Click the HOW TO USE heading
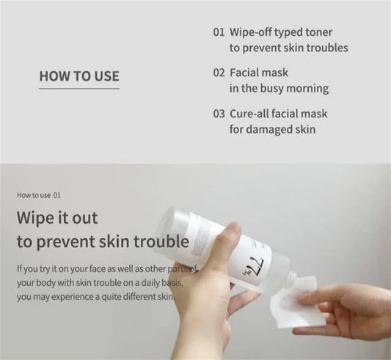coord(78,76)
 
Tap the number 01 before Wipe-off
coord(218,33)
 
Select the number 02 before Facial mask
coord(218,73)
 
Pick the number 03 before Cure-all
coord(218,114)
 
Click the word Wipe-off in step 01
coord(253,33)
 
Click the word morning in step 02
coord(309,89)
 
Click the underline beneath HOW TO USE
coord(78,89)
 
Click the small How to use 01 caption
coord(43,196)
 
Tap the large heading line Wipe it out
coord(56,218)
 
